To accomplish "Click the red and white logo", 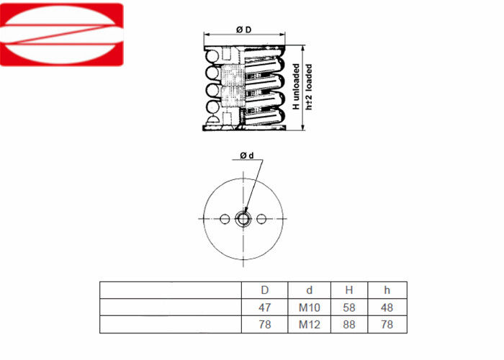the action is coord(61,35).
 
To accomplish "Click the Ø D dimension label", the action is coord(243,30).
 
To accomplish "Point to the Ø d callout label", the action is coord(247,156).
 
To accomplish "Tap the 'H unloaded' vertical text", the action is coord(296,86).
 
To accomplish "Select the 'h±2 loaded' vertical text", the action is coord(309,87).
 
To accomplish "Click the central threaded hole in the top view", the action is coord(243,219).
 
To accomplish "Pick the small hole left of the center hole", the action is coord(225,219).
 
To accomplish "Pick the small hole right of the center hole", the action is coord(261,219).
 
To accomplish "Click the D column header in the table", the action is coord(264,290).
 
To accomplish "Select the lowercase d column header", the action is coord(309,290).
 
